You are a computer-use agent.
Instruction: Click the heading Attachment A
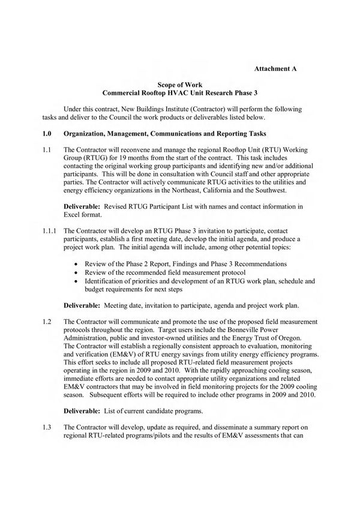(x=275, y=70)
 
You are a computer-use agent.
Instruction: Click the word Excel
(x=74, y=214)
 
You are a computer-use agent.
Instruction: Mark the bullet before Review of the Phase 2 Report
(x=74, y=263)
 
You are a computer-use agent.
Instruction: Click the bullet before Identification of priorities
(x=74, y=280)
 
